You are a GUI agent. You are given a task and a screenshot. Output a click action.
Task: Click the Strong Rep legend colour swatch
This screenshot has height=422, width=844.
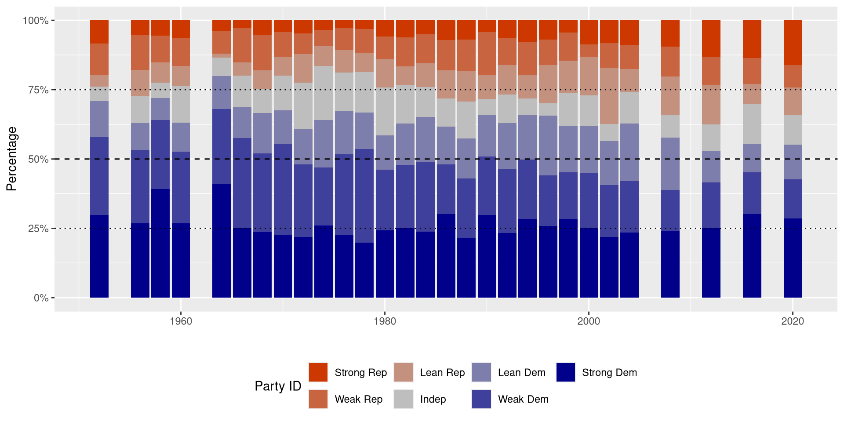pos(318,372)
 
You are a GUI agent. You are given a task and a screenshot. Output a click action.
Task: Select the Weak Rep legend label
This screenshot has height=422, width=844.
pos(358,399)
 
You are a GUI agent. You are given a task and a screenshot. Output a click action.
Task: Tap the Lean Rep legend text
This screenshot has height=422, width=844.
pos(442,372)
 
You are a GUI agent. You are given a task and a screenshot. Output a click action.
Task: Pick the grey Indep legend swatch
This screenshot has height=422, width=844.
pos(403,399)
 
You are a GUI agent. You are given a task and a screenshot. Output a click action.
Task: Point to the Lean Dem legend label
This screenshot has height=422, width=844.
pos(521,372)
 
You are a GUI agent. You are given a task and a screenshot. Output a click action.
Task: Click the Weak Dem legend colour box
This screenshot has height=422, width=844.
pos(481,399)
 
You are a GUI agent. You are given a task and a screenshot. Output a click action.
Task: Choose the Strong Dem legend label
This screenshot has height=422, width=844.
pos(609,372)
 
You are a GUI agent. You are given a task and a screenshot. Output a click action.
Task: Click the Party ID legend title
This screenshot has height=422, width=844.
pos(278,386)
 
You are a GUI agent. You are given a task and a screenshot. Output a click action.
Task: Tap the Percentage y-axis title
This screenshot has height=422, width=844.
pos(12,159)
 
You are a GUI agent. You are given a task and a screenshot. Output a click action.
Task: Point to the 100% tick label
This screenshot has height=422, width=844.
pos(36,21)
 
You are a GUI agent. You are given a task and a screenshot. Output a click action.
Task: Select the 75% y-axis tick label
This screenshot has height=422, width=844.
pos(38,90)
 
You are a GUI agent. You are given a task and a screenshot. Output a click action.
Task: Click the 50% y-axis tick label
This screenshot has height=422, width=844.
pos(38,159)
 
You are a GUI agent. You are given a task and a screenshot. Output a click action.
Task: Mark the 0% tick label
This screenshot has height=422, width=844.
pos(41,298)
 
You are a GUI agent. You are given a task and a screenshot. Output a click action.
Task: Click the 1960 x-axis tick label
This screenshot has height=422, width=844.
pos(181,321)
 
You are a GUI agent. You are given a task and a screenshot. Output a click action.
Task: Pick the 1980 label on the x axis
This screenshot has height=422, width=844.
pos(385,321)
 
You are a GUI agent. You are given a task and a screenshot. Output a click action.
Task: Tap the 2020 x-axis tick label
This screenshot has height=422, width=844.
pos(793,321)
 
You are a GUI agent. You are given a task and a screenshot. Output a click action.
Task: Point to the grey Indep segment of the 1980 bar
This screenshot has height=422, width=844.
pos(385,112)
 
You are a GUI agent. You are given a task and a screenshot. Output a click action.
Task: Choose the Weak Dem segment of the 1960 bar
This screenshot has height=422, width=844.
pos(181,188)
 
